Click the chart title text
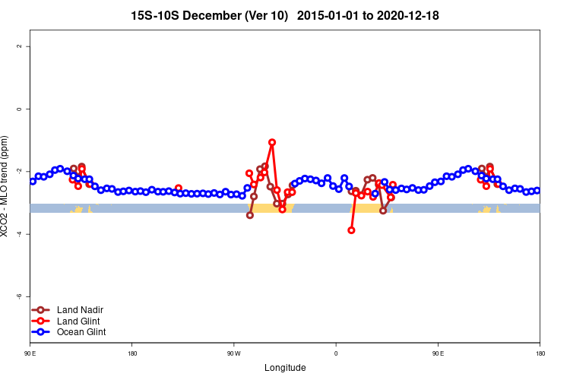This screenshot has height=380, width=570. (285, 15)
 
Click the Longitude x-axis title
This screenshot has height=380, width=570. (285, 368)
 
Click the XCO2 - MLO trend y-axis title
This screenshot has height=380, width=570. (6, 186)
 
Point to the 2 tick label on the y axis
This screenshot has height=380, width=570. (19, 46)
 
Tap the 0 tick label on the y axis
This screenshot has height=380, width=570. (19, 109)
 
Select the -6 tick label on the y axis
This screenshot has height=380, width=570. (19, 296)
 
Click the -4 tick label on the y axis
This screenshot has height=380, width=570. (19, 234)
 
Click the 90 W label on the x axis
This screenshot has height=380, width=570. (233, 353)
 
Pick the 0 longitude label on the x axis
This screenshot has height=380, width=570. (335, 353)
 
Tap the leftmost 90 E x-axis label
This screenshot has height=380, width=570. (30, 353)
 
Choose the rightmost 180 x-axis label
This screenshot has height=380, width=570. (540, 353)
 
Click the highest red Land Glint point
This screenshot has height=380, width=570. (272, 142)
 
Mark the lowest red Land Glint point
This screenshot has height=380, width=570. (351, 230)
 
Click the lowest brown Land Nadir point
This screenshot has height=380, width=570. (250, 215)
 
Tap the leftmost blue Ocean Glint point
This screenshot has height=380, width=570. (33, 181)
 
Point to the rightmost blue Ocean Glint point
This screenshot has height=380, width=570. (537, 190)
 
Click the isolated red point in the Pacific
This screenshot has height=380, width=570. (179, 188)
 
